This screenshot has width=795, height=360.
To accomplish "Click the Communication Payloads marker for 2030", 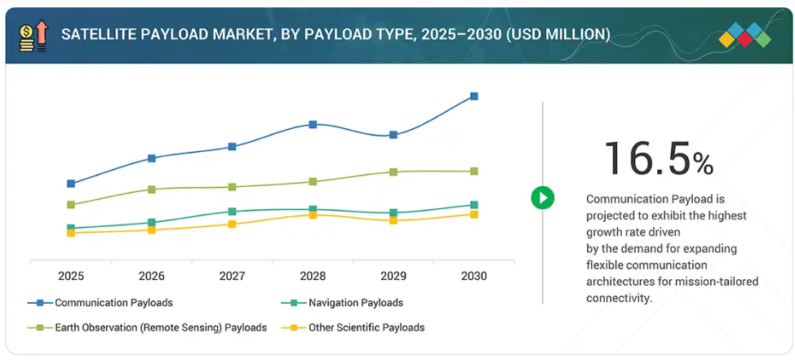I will click(473, 96).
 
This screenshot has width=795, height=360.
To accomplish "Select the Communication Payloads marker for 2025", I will click(71, 184).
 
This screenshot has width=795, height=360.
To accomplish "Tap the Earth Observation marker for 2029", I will click(393, 172).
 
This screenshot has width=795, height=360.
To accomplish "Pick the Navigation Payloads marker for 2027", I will click(232, 211).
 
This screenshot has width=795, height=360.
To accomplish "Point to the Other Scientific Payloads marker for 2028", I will click(313, 215).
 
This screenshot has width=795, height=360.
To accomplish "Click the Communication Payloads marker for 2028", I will click(313, 125).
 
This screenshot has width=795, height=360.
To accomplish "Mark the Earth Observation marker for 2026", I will click(152, 189).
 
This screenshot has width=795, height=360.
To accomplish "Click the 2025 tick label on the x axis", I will click(71, 277).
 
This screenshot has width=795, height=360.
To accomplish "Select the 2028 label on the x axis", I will click(313, 277).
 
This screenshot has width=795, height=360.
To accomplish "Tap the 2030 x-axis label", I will click(473, 277).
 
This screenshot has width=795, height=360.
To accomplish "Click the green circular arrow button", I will click(543, 198).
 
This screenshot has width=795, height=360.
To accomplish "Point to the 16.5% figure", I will click(658, 159).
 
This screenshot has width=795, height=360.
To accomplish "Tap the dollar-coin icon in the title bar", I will click(27, 34).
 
